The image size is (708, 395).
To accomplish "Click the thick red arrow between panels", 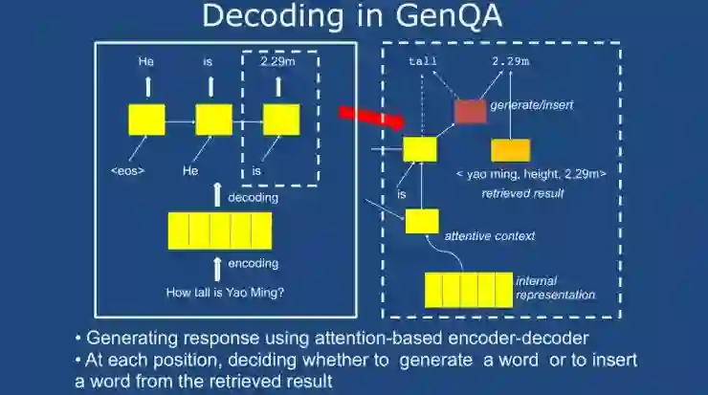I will (373, 117).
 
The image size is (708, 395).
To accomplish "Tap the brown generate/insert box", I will (470, 111).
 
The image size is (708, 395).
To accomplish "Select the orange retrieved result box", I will (511, 150).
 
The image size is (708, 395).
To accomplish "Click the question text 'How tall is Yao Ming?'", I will (227, 290).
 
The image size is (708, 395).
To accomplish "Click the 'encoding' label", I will (253, 263).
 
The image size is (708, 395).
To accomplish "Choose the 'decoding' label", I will (253, 198).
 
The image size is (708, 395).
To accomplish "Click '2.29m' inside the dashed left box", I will (279, 61).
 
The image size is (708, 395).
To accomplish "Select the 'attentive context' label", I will (489, 234).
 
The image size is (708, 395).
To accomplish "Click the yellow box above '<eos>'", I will (146, 121).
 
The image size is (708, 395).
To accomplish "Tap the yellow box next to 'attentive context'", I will (422, 221).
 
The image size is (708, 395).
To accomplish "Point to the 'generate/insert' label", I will (531, 104).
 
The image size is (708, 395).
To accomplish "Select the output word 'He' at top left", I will (145, 61).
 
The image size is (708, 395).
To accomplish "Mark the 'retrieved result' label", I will (522, 193).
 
